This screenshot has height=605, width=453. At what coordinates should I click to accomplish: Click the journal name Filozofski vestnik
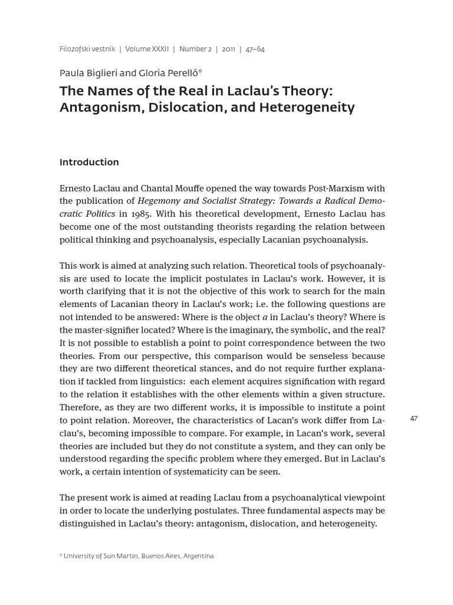pos(87,50)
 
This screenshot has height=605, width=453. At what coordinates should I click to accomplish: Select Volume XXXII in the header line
pos(147,50)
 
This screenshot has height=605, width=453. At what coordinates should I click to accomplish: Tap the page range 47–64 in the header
pos(255,50)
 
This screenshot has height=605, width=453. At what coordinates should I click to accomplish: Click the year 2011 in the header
pos(228,50)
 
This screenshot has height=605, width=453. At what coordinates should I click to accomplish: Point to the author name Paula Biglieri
pos(88,73)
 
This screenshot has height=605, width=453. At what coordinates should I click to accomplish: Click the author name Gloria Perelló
pos(169,73)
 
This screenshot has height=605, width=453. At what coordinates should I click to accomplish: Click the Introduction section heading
pos(89,162)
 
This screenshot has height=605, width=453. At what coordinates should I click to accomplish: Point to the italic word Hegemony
pos(159,201)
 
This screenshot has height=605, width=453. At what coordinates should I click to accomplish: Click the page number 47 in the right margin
pos(413,419)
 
